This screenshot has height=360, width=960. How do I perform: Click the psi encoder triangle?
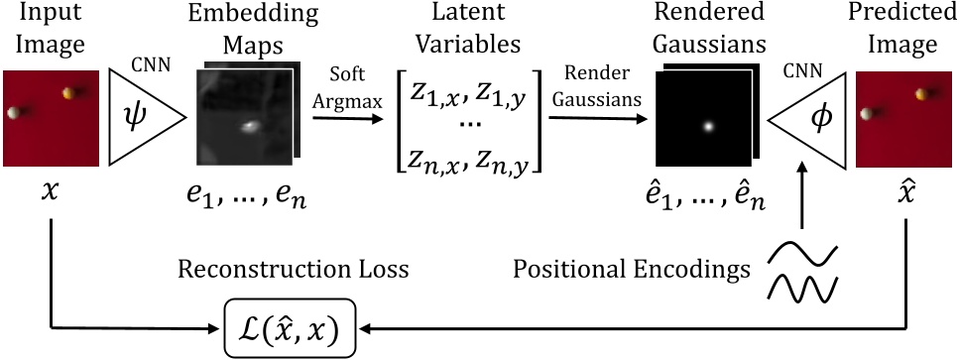[142, 118]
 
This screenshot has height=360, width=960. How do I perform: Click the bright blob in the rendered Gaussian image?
[707, 126]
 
